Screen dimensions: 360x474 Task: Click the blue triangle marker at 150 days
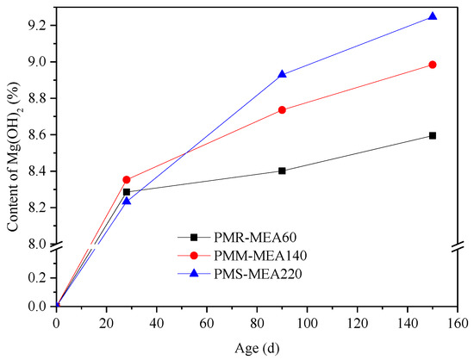point(432,16)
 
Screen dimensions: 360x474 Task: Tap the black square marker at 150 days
point(432,135)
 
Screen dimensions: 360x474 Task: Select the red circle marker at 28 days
point(127,179)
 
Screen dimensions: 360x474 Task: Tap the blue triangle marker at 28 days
point(127,201)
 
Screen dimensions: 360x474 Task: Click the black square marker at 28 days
point(127,192)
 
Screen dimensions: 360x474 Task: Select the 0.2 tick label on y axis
point(37,277)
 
